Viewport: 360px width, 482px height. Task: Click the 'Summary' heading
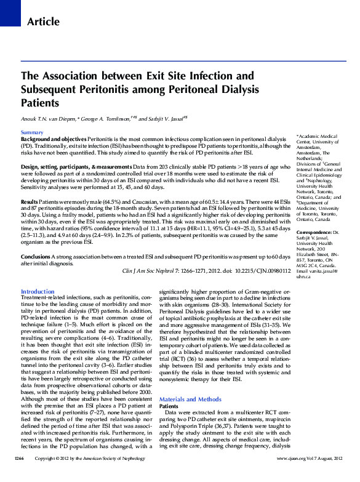[32, 133]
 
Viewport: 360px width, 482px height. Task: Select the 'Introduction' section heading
[38, 291]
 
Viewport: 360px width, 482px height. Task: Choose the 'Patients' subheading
[169, 407]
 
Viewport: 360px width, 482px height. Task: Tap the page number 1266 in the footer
[19, 476]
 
